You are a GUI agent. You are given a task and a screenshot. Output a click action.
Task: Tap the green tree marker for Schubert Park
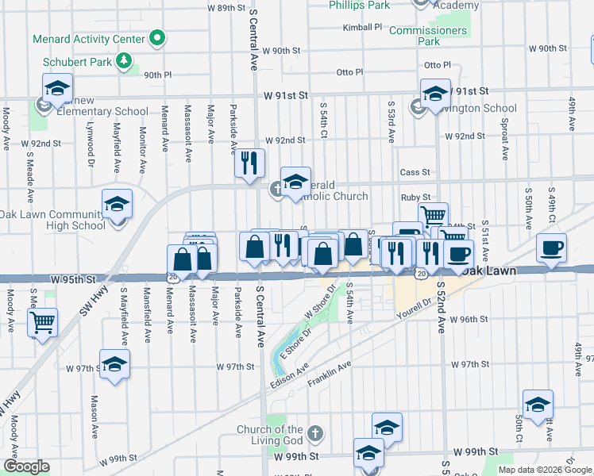124,60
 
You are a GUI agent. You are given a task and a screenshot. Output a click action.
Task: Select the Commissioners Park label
429,36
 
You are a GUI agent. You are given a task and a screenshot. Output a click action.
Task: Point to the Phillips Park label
360,5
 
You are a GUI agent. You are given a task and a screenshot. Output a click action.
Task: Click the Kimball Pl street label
363,27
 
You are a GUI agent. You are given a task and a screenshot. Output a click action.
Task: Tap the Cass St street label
415,172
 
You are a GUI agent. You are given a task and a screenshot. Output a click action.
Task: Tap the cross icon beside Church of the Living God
316,434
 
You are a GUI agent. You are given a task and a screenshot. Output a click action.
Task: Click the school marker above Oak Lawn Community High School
117,205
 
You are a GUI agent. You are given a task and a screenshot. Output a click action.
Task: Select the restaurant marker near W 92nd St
249,163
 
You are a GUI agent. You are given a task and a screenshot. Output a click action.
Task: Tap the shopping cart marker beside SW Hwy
43,321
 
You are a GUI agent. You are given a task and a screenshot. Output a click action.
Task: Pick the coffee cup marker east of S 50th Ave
551,248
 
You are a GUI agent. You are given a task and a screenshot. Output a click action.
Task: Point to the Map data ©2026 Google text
544,470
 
